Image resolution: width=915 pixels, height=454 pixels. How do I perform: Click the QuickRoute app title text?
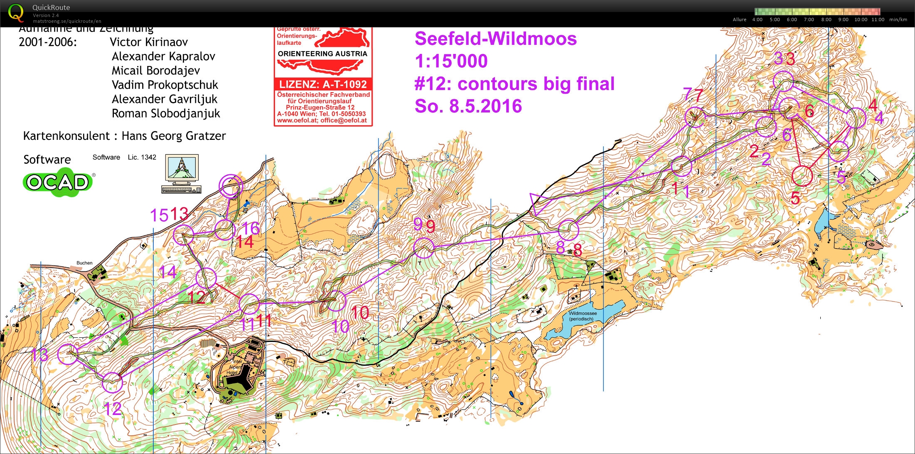[51, 7]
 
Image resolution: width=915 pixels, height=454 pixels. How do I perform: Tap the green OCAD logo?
[58, 182]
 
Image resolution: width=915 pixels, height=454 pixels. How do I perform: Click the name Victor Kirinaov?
[148, 42]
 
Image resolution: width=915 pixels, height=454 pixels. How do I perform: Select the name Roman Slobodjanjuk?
[165, 114]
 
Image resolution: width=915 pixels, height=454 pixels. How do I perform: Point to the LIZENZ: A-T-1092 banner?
[323, 84]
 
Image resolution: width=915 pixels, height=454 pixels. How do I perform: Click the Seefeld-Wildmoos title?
[495, 39]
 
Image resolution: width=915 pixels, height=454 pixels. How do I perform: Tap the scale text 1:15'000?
[451, 61]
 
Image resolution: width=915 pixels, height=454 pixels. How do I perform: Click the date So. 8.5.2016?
[468, 106]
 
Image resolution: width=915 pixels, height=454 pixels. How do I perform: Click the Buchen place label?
[84, 263]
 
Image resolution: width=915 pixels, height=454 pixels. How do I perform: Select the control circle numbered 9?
[424, 248]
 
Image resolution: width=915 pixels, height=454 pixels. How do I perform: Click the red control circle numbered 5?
[802, 176]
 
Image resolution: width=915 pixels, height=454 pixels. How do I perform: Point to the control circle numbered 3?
[783, 81]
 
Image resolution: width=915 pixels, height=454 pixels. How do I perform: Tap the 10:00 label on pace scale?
[861, 20]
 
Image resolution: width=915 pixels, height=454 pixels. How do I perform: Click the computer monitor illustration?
[182, 173]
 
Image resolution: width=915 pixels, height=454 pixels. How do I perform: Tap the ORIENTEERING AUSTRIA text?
[322, 54]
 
